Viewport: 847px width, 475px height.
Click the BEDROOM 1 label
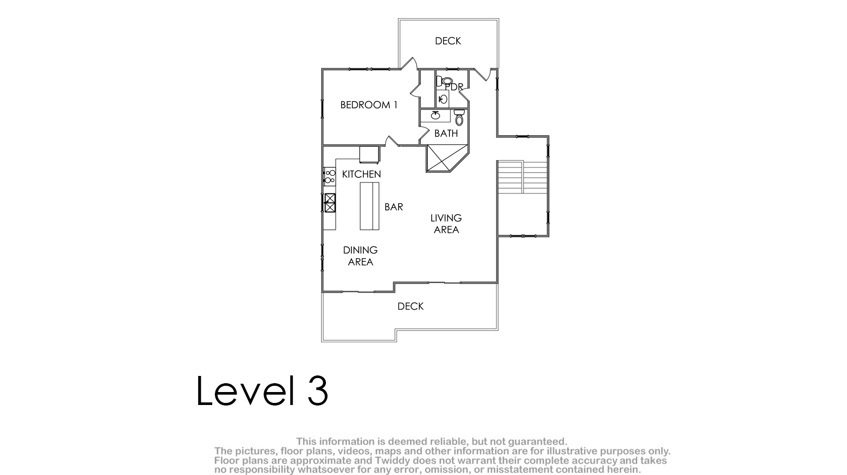[x=368, y=105]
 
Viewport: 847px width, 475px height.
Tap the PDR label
[x=454, y=87]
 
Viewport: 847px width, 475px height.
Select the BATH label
[x=446, y=133]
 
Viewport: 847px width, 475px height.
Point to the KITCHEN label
[x=361, y=174]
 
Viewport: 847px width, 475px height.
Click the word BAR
[x=393, y=207]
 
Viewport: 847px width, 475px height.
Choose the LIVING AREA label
[x=446, y=223]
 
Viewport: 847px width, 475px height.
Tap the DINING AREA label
[x=360, y=256]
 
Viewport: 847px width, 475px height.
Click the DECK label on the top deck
[x=448, y=41]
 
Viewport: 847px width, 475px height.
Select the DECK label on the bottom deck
[x=410, y=306]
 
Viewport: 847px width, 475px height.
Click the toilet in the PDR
[x=444, y=81]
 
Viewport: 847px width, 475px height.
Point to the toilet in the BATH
[x=459, y=118]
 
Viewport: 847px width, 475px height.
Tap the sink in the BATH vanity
[x=435, y=115]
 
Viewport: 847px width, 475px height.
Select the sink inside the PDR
[x=443, y=100]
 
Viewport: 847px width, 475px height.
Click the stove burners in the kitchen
[x=330, y=176]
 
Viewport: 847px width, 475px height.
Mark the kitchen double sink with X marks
[x=330, y=203]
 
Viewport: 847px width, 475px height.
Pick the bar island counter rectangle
[x=370, y=206]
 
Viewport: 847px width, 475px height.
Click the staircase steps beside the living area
[x=523, y=177]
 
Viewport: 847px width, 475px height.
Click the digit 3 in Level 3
[x=318, y=390]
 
